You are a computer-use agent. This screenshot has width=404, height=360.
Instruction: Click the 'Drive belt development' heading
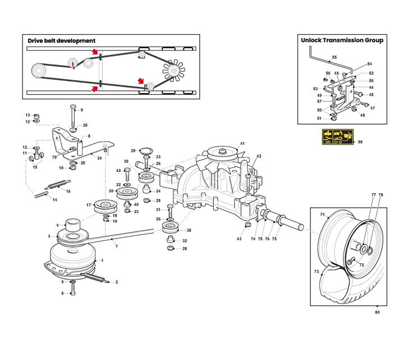(62, 40)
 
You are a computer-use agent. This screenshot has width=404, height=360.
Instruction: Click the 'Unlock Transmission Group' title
(342, 40)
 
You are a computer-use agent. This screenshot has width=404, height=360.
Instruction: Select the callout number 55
(334, 58)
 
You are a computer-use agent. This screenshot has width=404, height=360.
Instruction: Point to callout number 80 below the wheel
(377, 312)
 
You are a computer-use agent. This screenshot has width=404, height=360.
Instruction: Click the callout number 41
(242, 144)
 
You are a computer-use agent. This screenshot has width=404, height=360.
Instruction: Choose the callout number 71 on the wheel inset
(323, 215)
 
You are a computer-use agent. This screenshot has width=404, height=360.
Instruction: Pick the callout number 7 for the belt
(116, 247)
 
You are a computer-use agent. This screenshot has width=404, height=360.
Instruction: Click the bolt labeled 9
(72, 116)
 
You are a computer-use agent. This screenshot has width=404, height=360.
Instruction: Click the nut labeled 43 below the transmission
(247, 226)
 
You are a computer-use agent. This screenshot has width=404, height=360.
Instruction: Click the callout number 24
(99, 158)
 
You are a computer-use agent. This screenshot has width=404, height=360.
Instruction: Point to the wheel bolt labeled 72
(351, 259)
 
